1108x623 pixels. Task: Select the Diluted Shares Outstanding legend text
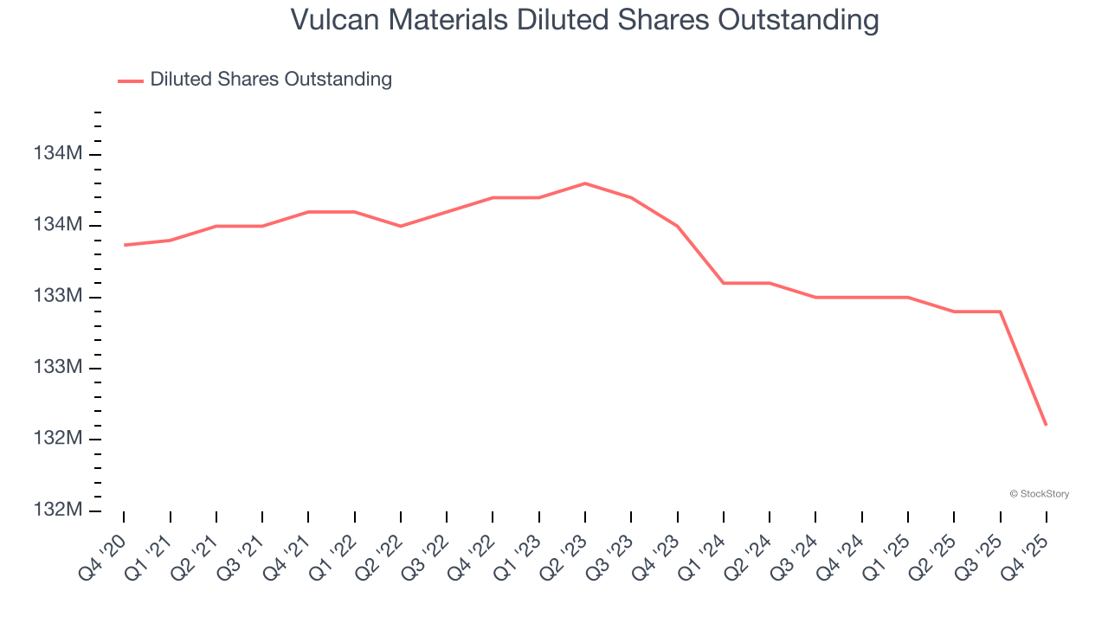tap(271, 80)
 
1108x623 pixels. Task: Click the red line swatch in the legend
tap(131, 80)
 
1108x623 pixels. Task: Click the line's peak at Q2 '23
tap(585, 183)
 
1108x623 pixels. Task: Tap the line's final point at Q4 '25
tap(1047, 425)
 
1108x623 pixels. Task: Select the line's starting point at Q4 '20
tap(124, 245)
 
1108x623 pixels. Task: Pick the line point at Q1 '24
tap(724, 283)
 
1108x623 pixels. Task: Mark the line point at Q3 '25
tap(1001, 311)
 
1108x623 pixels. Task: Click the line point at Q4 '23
tap(678, 226)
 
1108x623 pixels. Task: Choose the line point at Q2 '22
tap(401, 226)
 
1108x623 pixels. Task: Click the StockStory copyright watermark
tap(1040, 494)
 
